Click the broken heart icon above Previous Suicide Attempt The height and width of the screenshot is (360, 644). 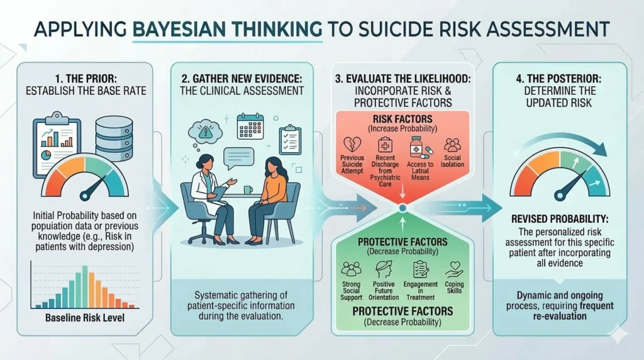[x=352, y=145]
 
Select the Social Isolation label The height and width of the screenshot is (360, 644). [x=452, y=161]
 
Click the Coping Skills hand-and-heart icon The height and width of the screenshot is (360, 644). [x=454, y=269]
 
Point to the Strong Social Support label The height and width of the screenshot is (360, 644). [x=351, y=291]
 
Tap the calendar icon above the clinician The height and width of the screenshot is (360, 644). [x=250, y=127]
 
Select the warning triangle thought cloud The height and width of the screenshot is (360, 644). [x=204, y=132]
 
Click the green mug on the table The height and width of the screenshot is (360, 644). [x=248, y=190]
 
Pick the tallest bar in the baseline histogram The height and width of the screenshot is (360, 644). [x=85, y=287]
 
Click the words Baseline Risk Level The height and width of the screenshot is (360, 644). [x=85, y=318]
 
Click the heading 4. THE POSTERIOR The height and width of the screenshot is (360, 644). [x=558, y=78]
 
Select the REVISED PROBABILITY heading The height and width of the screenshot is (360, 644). [x=560, y=219]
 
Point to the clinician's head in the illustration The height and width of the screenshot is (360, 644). [x=206, y=162]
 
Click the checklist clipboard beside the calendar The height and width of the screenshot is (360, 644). [x=290, y=140]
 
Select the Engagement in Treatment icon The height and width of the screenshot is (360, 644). [x=421, y=269]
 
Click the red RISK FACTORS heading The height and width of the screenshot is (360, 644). [x=402, y=119]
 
